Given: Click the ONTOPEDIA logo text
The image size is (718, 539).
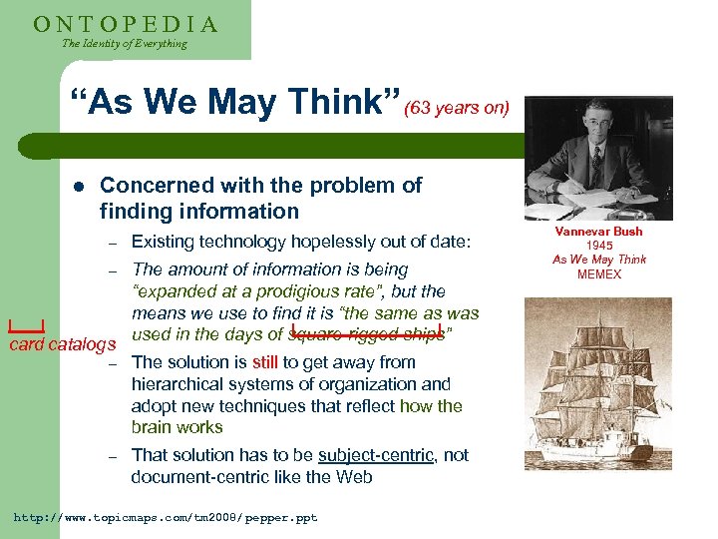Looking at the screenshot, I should click(126, 24).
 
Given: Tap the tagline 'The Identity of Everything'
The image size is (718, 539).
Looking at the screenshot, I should click(124, 44).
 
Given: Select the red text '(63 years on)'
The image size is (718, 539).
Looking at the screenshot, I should click(457, 108).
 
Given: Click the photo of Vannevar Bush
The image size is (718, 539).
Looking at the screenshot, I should click(598, 157).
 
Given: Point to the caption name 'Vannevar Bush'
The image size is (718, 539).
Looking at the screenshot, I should click(598, 232).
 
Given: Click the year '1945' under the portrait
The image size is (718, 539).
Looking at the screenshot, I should click(598, 246).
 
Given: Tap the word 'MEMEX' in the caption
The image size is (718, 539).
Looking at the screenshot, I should click(598, 274).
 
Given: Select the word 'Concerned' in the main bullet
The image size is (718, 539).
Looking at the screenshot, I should click(157, 186).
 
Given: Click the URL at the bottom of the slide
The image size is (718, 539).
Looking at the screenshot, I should click(165, 518).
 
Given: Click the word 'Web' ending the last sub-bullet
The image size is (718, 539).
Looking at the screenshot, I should click(355, 477).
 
